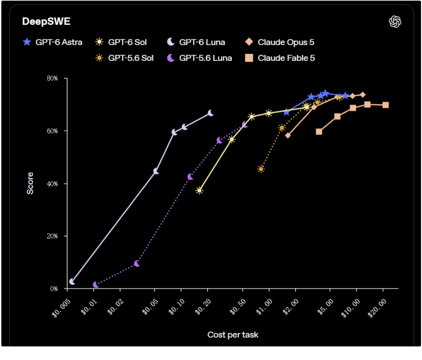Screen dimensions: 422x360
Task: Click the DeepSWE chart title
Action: [46, 22]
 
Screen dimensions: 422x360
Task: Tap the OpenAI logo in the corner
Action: [395, 22]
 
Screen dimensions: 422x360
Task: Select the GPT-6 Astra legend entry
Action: [52, 42]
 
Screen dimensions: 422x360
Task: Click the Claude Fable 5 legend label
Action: [286, 58]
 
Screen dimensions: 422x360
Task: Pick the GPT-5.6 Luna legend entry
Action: [199, 58]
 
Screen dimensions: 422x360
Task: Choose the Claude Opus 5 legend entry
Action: [280, 42]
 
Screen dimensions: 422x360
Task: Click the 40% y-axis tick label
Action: [52, 183]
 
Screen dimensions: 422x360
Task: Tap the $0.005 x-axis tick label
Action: [61, 308]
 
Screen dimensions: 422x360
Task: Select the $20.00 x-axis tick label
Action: [377, 308]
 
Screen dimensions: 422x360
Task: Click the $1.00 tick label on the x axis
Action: [264, 307]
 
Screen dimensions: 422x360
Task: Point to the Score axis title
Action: [30, 183]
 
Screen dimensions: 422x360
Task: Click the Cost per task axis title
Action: [233, 335]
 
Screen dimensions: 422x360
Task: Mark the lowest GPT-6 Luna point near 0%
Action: [72, 281]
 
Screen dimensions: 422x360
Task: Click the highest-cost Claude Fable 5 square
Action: [385, 105]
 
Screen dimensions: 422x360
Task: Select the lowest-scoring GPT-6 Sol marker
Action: [199, 191]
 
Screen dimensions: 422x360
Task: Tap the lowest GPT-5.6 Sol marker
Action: [261, 169]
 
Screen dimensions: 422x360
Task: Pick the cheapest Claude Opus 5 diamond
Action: [288, 135]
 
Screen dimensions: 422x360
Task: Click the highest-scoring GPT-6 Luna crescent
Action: [210, 113]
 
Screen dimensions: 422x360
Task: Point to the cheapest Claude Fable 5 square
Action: [319, 132]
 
